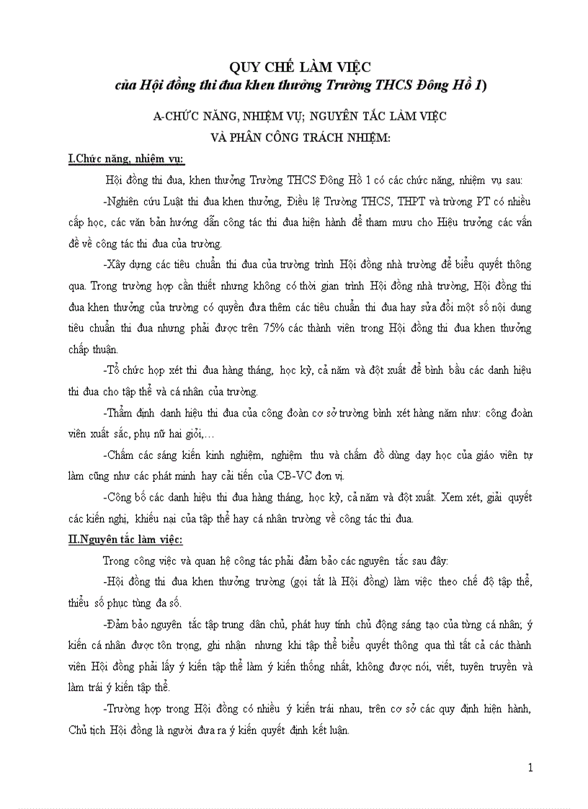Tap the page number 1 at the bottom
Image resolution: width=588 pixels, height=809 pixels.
point(530,768)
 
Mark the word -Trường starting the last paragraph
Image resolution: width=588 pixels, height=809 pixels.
point(124,708)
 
